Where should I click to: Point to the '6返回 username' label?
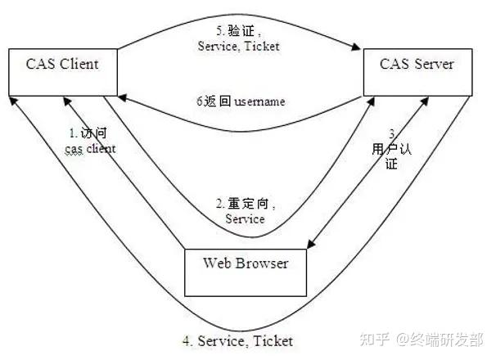click(241, 101)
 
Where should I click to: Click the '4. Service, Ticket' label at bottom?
click(237, 340)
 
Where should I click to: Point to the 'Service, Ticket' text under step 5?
click(238, 47)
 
